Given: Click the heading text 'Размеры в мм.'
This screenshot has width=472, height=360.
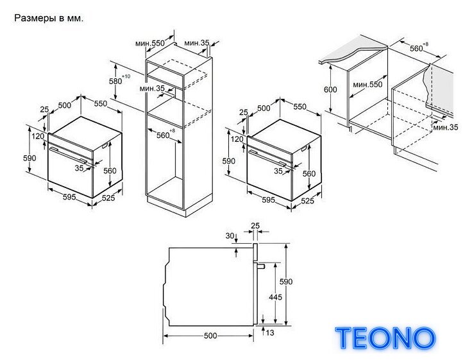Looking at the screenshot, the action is [x=49, y=19].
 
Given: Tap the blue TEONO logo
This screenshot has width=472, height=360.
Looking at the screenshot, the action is [x=385, y=338].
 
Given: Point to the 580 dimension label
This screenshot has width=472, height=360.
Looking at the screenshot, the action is [x=115, y=81].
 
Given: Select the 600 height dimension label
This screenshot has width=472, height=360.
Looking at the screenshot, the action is [x=330, y=89].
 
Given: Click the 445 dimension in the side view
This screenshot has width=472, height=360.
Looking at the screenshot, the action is [x=275, y=297].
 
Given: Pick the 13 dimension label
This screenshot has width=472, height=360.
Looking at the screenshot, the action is [x=270, y=332].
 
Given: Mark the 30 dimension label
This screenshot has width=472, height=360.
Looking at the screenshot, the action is [x=230, y=236].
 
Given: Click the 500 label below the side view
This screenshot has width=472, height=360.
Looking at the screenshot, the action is [x=210, y=336].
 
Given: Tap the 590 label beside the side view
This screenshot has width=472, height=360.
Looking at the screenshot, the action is [x=286, y=281].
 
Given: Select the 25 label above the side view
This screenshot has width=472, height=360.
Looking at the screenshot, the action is [x=255, y=226].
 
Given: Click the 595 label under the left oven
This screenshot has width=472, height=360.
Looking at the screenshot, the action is [x=69, y=197].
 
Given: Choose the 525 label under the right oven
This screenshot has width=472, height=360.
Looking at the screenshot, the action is [x=308, y=201].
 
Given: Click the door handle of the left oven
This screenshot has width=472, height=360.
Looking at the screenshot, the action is [x=69, y=155].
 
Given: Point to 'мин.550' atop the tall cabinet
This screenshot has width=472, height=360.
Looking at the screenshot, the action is [x=150, y=44].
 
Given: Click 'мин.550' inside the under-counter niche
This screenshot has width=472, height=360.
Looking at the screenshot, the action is [x=367, y=85].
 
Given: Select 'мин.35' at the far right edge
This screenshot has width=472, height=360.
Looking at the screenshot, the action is [x=446, y=128].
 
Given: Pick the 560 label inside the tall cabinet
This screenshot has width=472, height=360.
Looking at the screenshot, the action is [x=163, y=135].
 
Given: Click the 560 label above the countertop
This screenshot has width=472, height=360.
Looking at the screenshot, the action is [x=417, y=49].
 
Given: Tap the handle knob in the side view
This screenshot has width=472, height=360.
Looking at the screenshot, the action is [x=260, y=266].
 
